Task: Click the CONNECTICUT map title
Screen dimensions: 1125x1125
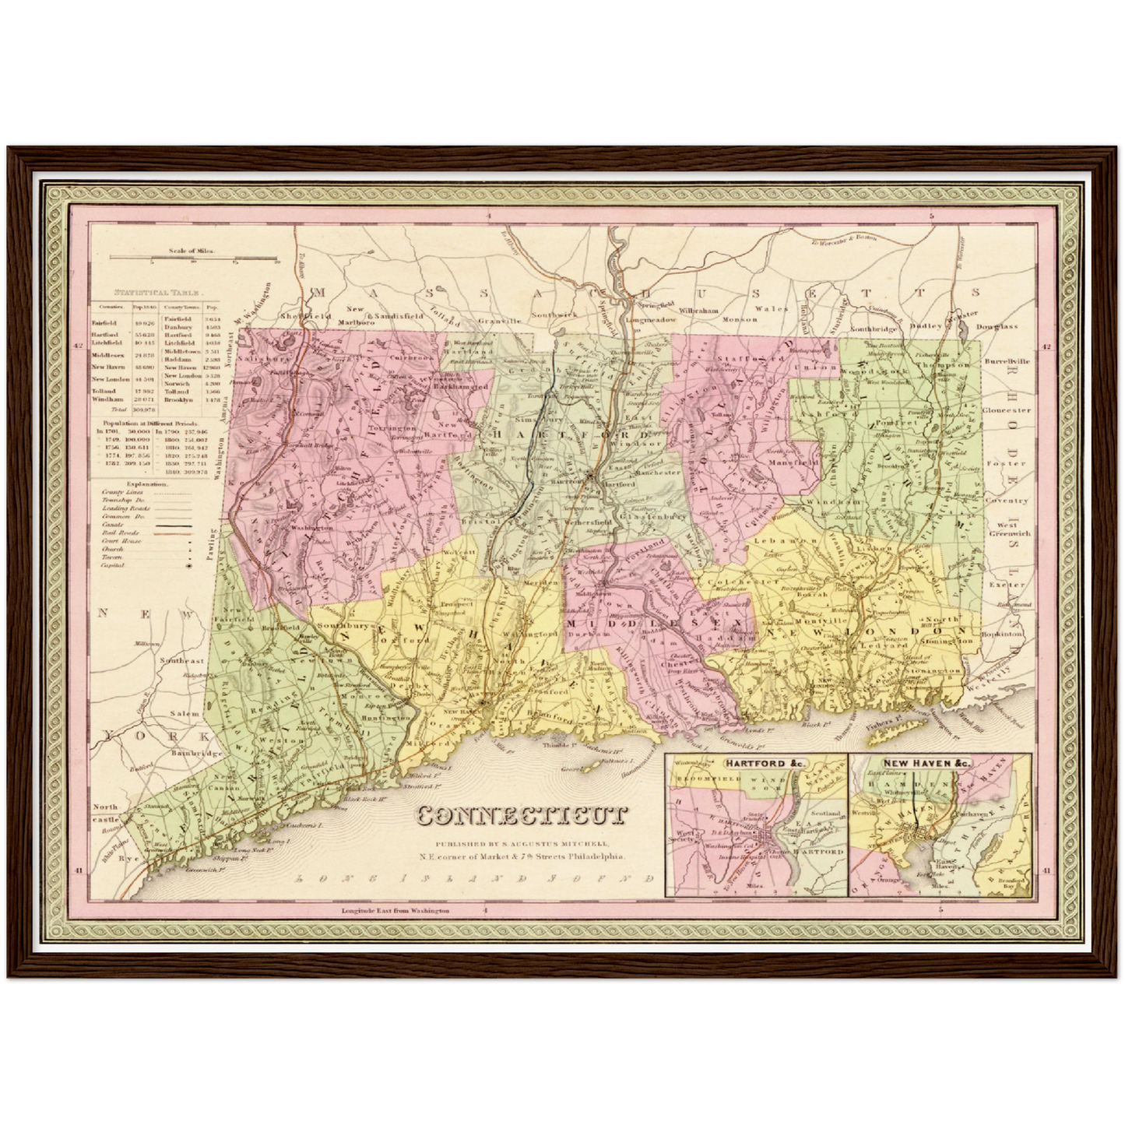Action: pyautogui.click(x=522, y=815)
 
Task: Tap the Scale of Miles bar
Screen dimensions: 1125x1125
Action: pyautogui.click(x=194, y=258)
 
